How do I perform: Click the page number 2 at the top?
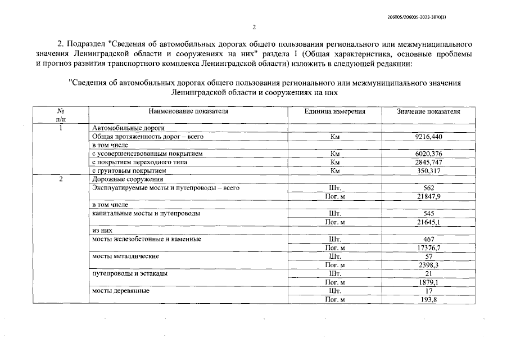[254, 26]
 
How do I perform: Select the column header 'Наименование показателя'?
[189, 111]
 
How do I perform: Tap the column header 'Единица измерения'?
[334, 111]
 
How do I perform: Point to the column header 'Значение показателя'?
[428, 111]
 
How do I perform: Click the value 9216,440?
[428, 137]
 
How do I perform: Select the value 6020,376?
[428, 154]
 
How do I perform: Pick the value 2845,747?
[428, 162]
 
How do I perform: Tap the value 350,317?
[428, 170]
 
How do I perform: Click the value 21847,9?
[428, 196]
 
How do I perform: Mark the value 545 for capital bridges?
[428, 214]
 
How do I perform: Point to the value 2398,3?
[428, 265]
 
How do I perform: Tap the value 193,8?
[428, 299]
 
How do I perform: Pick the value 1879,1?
[428, 282]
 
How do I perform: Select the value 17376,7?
[428, 248]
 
